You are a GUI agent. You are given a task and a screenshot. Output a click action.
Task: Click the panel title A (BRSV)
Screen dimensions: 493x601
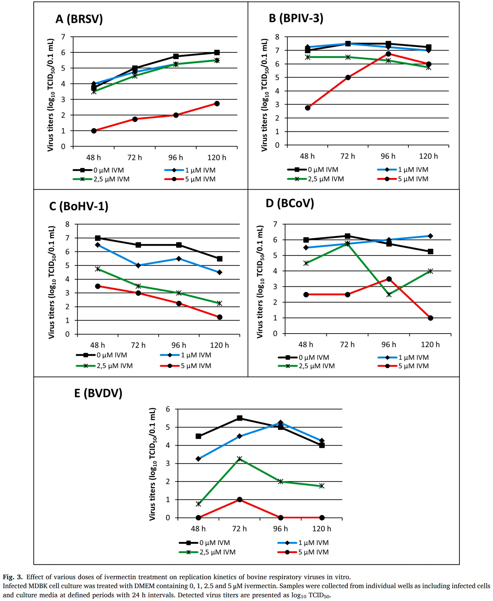tap(79, 19)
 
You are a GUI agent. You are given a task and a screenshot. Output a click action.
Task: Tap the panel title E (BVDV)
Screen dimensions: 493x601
tap(98, 393)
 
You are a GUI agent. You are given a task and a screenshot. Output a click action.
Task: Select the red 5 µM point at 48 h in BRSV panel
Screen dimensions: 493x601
tap(94, 131)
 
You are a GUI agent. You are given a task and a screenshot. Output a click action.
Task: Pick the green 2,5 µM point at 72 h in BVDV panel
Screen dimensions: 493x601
tap(239, 459)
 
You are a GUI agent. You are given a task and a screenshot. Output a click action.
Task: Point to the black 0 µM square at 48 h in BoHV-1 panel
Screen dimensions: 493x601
tap(98, 238)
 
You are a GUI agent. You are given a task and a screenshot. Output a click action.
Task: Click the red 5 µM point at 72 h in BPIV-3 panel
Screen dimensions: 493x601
tap(348, 77)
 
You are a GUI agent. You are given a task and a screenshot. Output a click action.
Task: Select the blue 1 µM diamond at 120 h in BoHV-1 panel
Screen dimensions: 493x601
tap(220, 272)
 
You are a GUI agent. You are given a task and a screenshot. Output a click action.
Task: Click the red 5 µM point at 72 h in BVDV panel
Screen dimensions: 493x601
tap(239, 499)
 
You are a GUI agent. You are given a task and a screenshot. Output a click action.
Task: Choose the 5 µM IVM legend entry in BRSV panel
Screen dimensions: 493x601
tap(190, 179)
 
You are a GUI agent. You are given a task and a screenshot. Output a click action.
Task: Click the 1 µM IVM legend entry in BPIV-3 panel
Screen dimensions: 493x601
tap(403, 170)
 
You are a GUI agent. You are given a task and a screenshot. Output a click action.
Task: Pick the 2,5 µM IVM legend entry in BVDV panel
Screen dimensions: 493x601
tap(207, 552)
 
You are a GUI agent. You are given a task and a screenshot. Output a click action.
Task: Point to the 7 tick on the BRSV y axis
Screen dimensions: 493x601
tap(63, 37)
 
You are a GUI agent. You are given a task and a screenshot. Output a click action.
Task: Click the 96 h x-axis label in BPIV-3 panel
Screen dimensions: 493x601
tap(388, 156)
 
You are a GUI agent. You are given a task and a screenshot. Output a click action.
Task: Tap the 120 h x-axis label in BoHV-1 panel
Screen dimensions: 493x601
tap(219, 345)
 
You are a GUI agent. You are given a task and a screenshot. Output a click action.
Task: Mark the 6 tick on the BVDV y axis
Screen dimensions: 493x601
tap(168, 409)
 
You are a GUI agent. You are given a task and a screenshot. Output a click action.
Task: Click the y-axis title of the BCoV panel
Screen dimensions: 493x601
tap(260, 282)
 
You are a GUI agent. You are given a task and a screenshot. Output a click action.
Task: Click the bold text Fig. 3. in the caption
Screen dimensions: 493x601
tap(13, 577)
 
